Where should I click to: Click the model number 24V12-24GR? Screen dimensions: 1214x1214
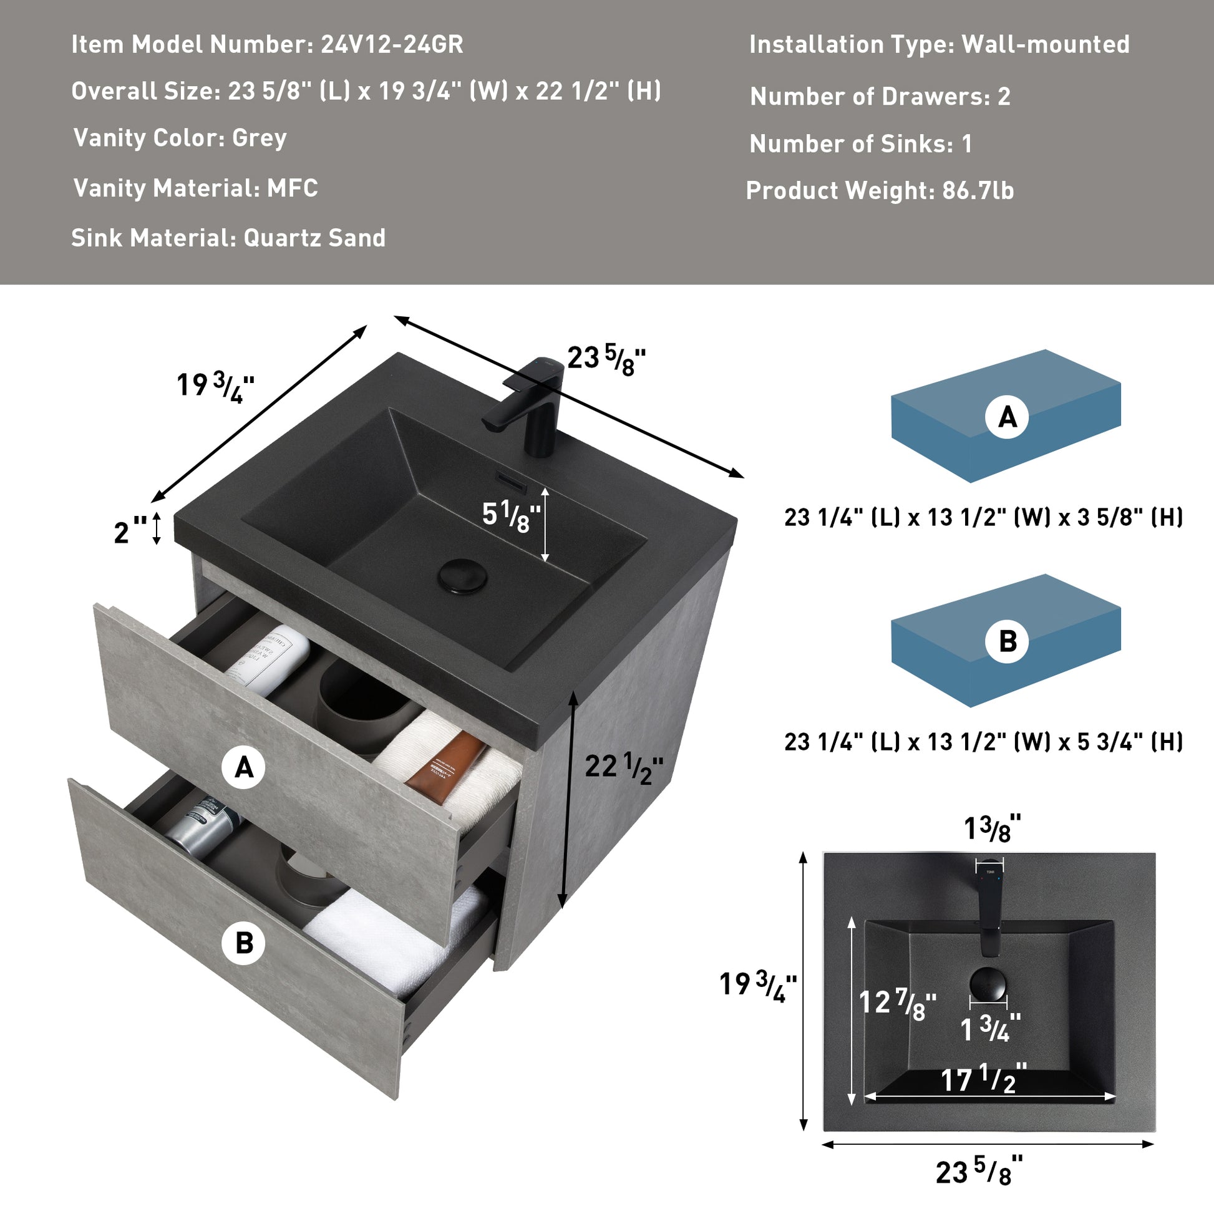click(x=392, y=45)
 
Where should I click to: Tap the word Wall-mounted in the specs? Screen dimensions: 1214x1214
click(x=1045, y=45)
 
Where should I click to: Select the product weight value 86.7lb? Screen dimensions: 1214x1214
click(x=978, y=190)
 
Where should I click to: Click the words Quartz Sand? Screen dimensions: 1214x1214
click(x=314, y=238)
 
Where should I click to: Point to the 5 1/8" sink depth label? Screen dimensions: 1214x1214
click(x=511, y=516)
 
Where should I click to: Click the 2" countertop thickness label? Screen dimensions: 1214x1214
click(x=129, y=532)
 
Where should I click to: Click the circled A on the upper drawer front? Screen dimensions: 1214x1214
click(x=245, y=767)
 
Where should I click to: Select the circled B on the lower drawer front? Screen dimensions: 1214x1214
click(x=245, y=943)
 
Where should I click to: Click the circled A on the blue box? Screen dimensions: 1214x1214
click(x=1007, y=417)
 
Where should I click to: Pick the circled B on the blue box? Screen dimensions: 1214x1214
click(x=1007, y=641)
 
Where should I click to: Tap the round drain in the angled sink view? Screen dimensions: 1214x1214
click(x=463, y=575)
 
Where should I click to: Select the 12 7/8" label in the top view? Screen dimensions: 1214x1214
click(x=896, y=1003)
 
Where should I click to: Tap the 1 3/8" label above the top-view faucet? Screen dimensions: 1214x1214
click(x=991, y=830)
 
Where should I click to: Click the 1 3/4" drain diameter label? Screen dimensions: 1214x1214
click(x=989, y=1029)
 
